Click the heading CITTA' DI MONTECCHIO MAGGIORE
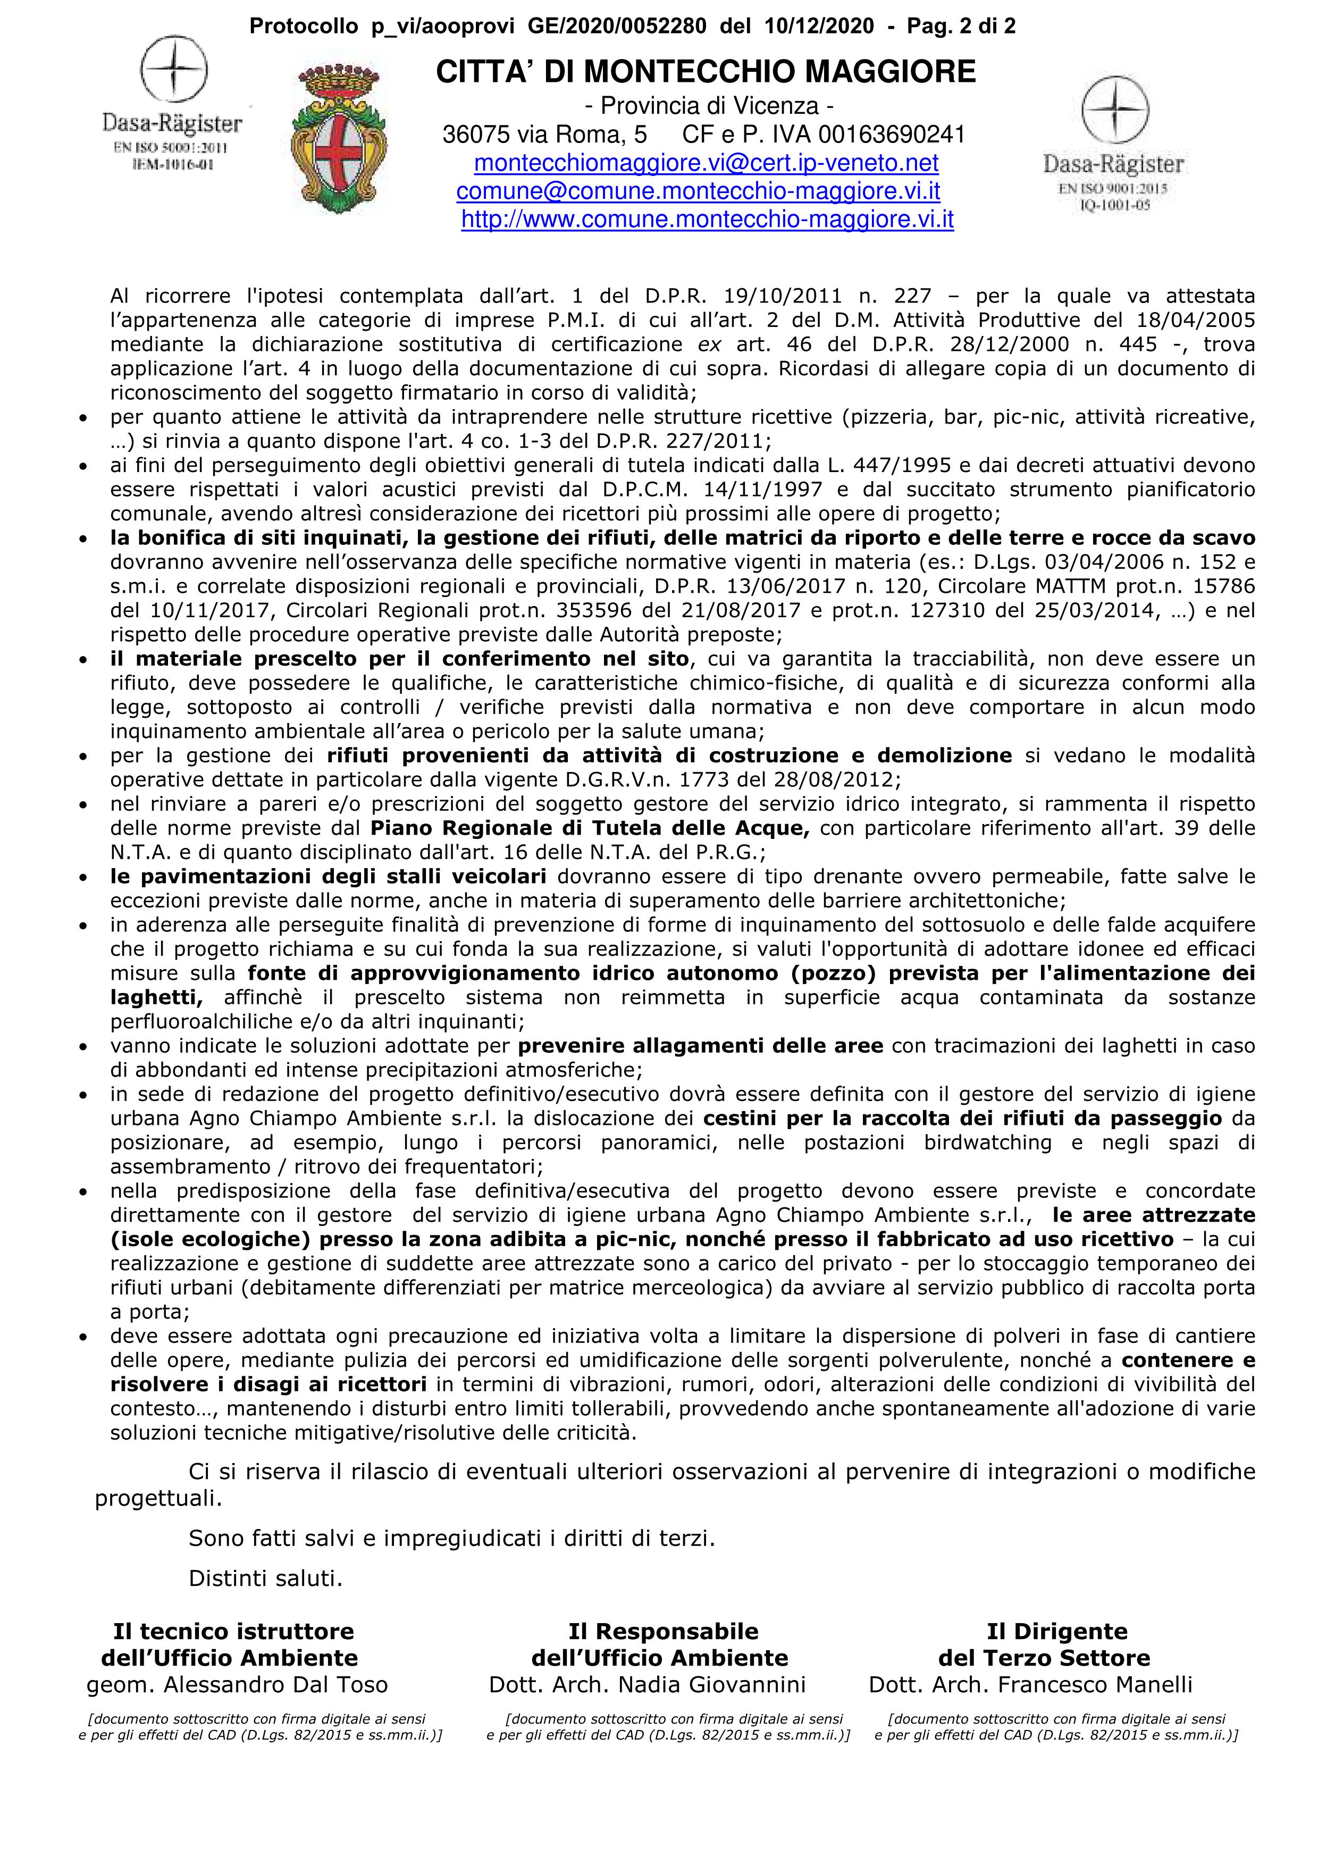(x=706, y=72)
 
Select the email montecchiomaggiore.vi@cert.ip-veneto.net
(x=706, y=163)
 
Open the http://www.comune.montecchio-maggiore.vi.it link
(x=707, y=220)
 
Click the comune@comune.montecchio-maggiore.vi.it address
(x=698, y=192)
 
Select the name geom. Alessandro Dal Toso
(x=237, y=1685)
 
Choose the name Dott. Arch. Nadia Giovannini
(x=647, y=1685)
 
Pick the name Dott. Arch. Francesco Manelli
(x=1030, y=1685)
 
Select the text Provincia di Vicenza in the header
(x=705, y=106)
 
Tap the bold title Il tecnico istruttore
(x=234, y=1631)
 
